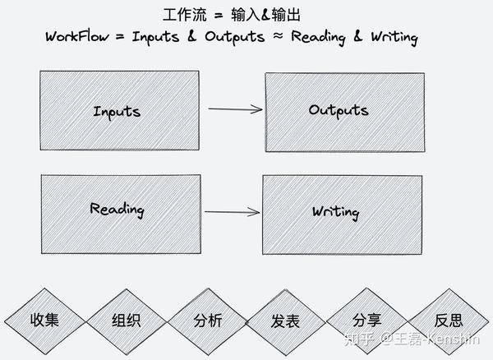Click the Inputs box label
[117, 113]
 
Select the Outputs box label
[339, 111]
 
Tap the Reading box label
[117, 210]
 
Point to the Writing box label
[336, 212]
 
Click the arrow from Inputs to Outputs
[235, 109]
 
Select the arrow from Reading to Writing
[232, 212]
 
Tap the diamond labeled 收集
[44, 321]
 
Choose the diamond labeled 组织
[127, 321]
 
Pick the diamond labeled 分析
[208, 321]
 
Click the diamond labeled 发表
[285, 322]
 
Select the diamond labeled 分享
[367, 321]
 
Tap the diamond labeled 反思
[449, 321]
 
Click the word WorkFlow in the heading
[77, 36]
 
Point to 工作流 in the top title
[185, 15]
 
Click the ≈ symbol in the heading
[278, 36]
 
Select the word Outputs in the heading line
[235, 38]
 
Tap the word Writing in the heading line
[394, 38]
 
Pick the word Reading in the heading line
[319, 38]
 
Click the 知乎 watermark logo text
[359, 339]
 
